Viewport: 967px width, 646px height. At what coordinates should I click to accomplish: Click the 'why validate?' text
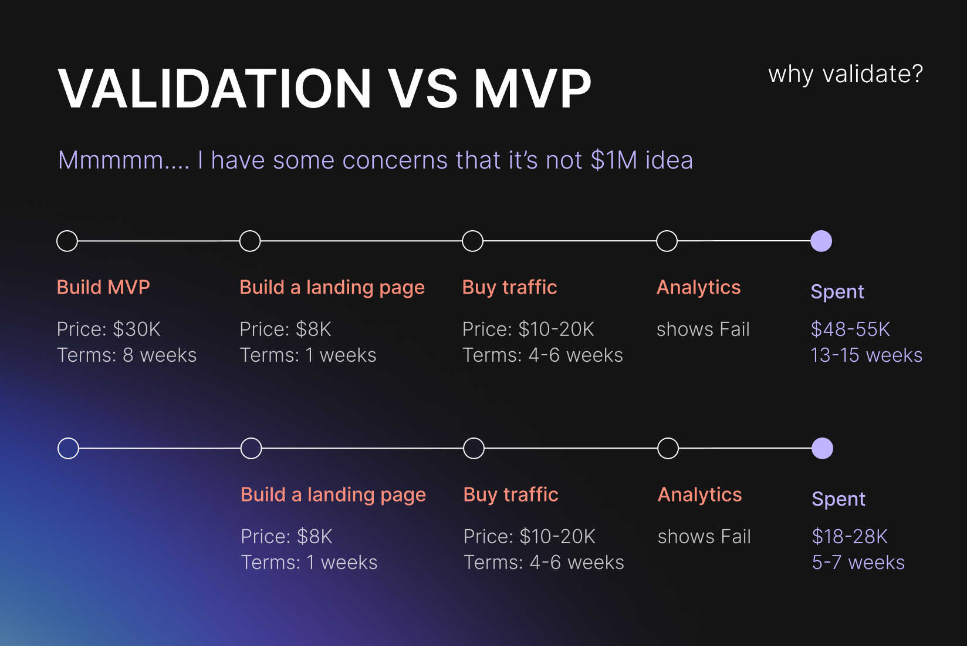tap(846, 75)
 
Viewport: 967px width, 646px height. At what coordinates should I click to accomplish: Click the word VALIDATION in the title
tap(215, 89)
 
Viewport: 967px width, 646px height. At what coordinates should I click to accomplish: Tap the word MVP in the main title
tap(532, 89)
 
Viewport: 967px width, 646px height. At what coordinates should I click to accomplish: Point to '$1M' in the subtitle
tap(613, 160)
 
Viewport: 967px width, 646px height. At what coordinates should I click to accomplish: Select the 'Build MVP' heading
tap(103, 287)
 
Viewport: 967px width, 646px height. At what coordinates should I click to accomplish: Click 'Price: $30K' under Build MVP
tap(109, 329)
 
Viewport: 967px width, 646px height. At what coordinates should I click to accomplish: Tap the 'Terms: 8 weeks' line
tap(127, 355)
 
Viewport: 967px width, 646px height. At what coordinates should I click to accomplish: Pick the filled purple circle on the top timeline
tap(821, 241)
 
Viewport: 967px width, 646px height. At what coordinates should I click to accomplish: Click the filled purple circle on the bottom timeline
tap(822, 449)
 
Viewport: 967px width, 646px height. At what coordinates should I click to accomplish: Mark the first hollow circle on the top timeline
tap(67, 241)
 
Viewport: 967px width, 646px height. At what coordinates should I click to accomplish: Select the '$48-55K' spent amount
tap(850, 329)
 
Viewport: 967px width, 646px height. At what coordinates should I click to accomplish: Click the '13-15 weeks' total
tap(866, 355)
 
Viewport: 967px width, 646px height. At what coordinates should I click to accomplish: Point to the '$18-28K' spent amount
tap(850, 536)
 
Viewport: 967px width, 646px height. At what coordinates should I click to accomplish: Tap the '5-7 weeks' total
tap(858, 563)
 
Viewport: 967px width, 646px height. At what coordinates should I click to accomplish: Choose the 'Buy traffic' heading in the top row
tap(509, 287)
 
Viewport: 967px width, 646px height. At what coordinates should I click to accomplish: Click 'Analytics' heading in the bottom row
tap(699, 494)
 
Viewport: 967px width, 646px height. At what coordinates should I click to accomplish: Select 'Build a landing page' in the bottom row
tap(333, 494)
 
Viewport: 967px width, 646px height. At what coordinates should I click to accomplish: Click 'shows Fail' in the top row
tap(703, 329)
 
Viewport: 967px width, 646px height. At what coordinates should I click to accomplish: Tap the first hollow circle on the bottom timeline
tap(68, 449)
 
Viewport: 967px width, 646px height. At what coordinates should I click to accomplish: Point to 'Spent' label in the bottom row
tap(838, 499)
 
